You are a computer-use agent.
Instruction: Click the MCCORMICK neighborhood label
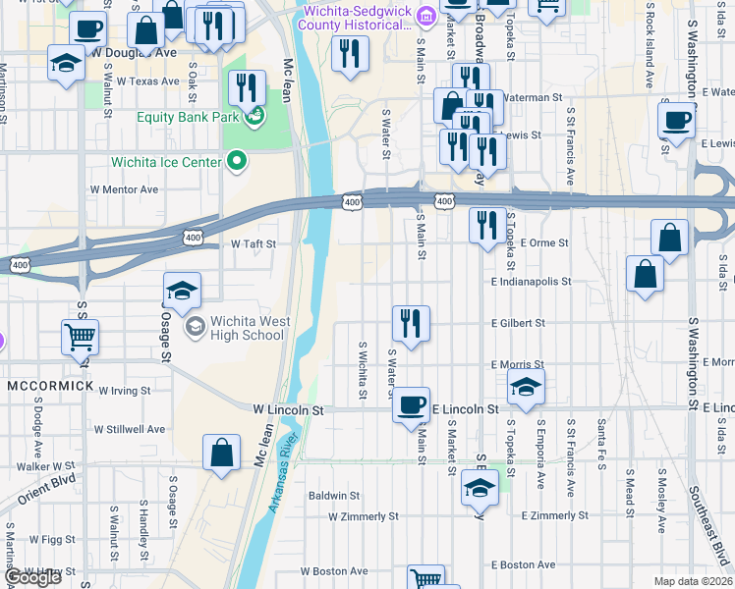[x=50, y=386]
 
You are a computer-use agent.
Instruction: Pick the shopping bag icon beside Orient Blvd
[x=222, y=454]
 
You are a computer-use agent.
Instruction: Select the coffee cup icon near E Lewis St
[x=677, y=122]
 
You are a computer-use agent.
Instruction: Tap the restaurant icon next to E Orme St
[x=487, y=227]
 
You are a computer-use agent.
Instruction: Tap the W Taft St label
[x=253, y=244]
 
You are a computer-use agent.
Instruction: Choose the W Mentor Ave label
[x=124, y=189]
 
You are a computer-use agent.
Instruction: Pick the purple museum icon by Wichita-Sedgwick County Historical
[x=425, y=16]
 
